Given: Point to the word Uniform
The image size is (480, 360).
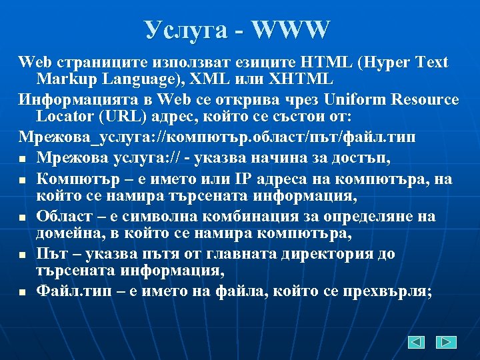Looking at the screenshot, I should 356,99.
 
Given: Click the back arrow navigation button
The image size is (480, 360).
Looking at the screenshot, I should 417,342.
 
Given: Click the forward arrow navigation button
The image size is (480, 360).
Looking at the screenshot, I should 446,342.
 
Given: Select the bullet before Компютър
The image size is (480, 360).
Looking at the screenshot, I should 23,180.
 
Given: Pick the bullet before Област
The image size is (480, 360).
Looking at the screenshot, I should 23,217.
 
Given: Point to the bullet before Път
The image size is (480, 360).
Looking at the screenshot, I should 23,255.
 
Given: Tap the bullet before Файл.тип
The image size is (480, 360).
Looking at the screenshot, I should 23,291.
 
